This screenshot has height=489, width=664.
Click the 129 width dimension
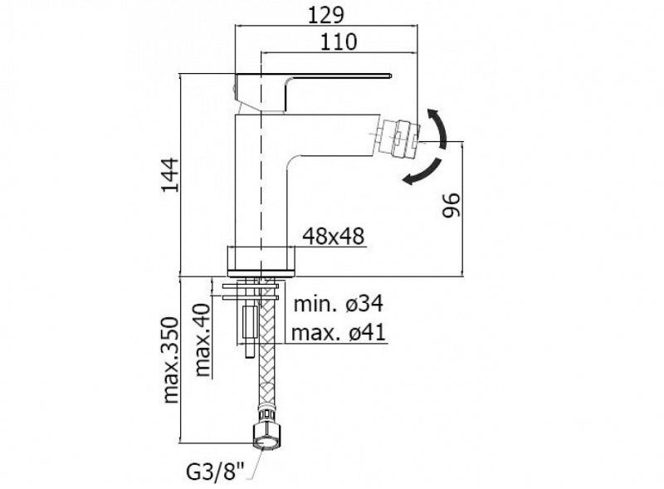(325, 16)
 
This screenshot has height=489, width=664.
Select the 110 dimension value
(339, 42)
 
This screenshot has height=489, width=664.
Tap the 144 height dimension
(170, 174)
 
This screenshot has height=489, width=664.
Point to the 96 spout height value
(451, 205)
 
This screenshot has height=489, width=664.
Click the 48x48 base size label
(334, 236)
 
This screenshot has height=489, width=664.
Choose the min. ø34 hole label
(339, 304)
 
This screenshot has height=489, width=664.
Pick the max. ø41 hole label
(339, 333)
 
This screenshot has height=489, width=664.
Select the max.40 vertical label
(203, 340)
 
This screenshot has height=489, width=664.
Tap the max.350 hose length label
(172, 359)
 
